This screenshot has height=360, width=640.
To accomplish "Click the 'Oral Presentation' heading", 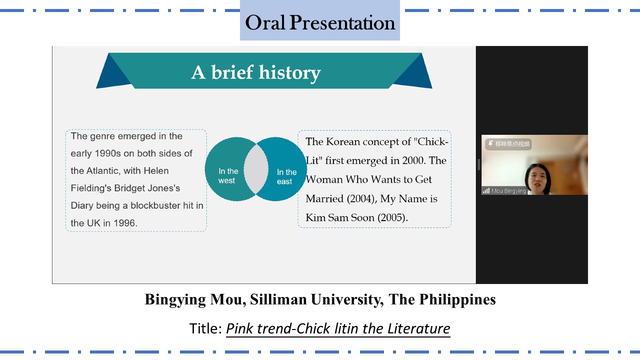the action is coord(320,22).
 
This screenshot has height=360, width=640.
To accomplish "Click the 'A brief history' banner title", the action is coord(256,72).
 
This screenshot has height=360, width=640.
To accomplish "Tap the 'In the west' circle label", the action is coord(228,175).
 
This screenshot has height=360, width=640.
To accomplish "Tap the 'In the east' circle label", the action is coord(286,176).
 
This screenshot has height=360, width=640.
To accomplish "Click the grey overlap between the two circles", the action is coord(256,169).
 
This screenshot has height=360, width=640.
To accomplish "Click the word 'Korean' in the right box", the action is coord(343,141).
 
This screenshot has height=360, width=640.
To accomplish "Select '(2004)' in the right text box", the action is coord(361,198).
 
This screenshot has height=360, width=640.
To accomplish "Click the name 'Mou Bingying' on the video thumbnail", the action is coord(508,191).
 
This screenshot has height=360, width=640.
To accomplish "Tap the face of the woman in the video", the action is coord(537,179).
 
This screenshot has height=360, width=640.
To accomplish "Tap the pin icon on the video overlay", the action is coord(490,143).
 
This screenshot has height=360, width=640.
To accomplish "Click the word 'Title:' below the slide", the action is coord(205,328).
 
